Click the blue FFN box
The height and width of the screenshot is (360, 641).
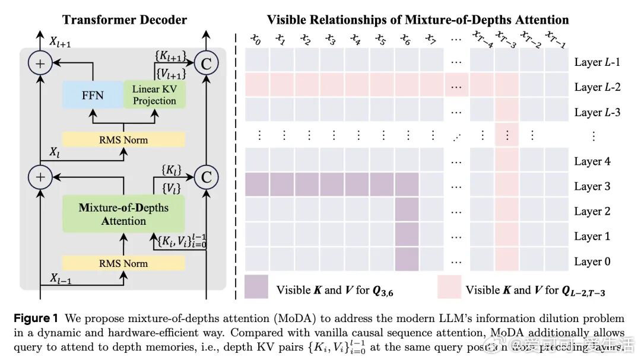pyautogui.click(x=93, y=95)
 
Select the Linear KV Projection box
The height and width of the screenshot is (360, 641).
pyautogui.click(x=154, y=95)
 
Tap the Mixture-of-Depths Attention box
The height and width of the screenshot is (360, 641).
pyautogui.click(x=123, y=214)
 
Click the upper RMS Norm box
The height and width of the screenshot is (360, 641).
pyautogui.click(x=123, y=140)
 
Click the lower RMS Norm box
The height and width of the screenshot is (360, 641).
pyautogui.click(x=123, y=263)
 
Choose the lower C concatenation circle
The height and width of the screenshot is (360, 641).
pyautogui.click(x=207, y=176)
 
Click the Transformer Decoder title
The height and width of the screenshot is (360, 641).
pyautogui.click(x=124, y=20)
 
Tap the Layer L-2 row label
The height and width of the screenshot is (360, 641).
pyautogui.click(x=597, y=87)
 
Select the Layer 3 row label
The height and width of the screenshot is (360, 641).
pyautogui.click(x=592, y=186)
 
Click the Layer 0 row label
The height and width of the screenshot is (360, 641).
pyautogui.click(x=592, y=262)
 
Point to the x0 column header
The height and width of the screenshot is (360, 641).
pyautogui.click(x=256, y=40)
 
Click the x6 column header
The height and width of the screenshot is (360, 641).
pyautogui.click(x=405, y=40)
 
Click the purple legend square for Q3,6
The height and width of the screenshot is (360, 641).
pyautogui.click(x=256, y=286)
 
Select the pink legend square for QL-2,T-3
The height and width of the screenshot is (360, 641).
pyautogui.click(x=449, y=286)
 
